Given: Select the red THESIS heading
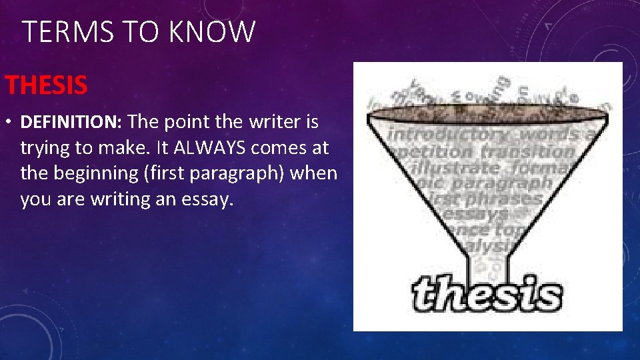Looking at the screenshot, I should click(46, 85).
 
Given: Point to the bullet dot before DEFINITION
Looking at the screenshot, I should click(9, 123).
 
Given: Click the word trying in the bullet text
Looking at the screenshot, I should click(43, 148).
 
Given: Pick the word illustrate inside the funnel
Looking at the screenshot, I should click(459, 167).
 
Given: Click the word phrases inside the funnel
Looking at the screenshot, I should click(506, 198).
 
